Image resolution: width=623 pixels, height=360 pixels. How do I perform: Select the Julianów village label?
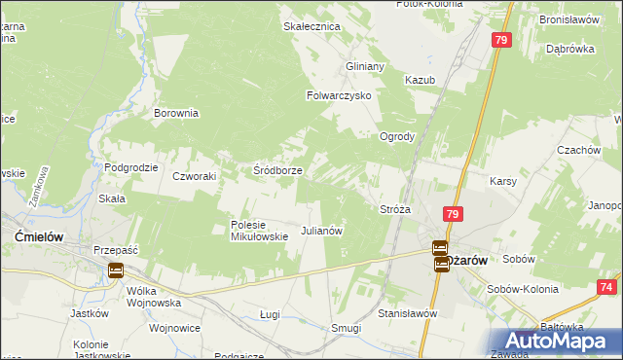click(x=322, y=231)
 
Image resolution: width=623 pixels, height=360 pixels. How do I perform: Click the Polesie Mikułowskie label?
click(x=259, y=230)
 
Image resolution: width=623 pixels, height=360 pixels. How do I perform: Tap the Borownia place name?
click(x=176, y=113)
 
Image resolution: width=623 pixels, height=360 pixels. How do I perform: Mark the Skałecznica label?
click(x=311, y=26)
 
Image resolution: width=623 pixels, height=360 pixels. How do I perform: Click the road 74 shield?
click(x=606, y=287)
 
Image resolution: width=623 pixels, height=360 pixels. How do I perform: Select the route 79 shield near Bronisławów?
click(x=500, y=40)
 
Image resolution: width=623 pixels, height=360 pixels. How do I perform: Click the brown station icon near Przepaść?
click(x=116, y=270)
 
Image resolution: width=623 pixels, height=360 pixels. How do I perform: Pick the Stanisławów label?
click(x=407, y=313)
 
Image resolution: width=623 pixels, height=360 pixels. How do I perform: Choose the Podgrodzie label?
click(x=131, y=167)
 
